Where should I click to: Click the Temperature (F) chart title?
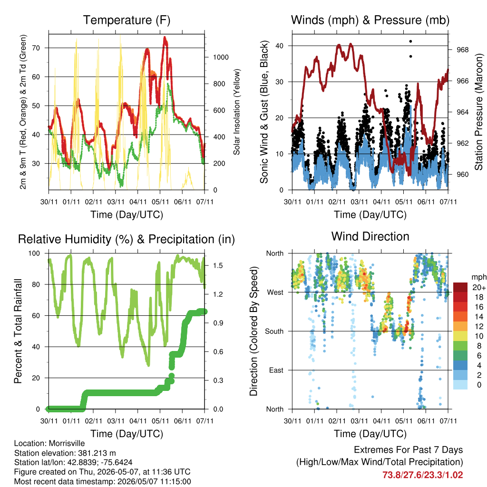pyautogui.click(x=127, y=20)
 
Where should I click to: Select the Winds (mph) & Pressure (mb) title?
pyautogui.click(x=370, y=20)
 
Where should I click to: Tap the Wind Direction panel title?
pyautogui.click(x=370, y=236)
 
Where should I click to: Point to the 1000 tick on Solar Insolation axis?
pyautogui.click(x=221, y=57)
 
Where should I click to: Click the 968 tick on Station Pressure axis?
pyautogui.click(x=462, y=49)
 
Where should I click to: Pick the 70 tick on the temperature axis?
pyautogui.click(x=36, y=48)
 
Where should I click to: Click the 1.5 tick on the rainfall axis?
pyautogui.click(x=218, y=265)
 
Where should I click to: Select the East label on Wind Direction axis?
pyautogui.click(x=276, y=370)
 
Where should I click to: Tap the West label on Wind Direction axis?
pyautogui.click(x=275, y=292)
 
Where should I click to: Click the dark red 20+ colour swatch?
pyautogui.click(x=460, y=287)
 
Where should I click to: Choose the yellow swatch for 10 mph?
pyautogui.click(x=460, y=336)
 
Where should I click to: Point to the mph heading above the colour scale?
pyautogui.click(x=478, y=277)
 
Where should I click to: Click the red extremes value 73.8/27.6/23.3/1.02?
pyautogui.click(x=422, y=475)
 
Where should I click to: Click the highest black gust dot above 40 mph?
pyautogui.click(x=410, y=41)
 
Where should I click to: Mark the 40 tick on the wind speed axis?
pyautogui.click(x=280, y=46)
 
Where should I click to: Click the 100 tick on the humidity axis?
pyautogui.click(x=34, y=253)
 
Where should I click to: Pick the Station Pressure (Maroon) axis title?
pyautogui.click(x=478, y=112)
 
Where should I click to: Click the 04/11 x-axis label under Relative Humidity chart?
pyautogui.click(x=138, y=421)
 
